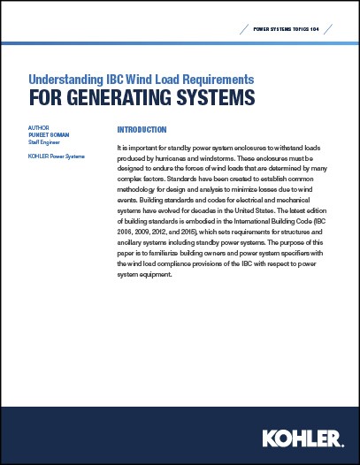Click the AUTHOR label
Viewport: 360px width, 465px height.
pyautogui.click(x=39, y=128)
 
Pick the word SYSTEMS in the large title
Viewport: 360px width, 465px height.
pyautogui.click(x=205, y=94)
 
